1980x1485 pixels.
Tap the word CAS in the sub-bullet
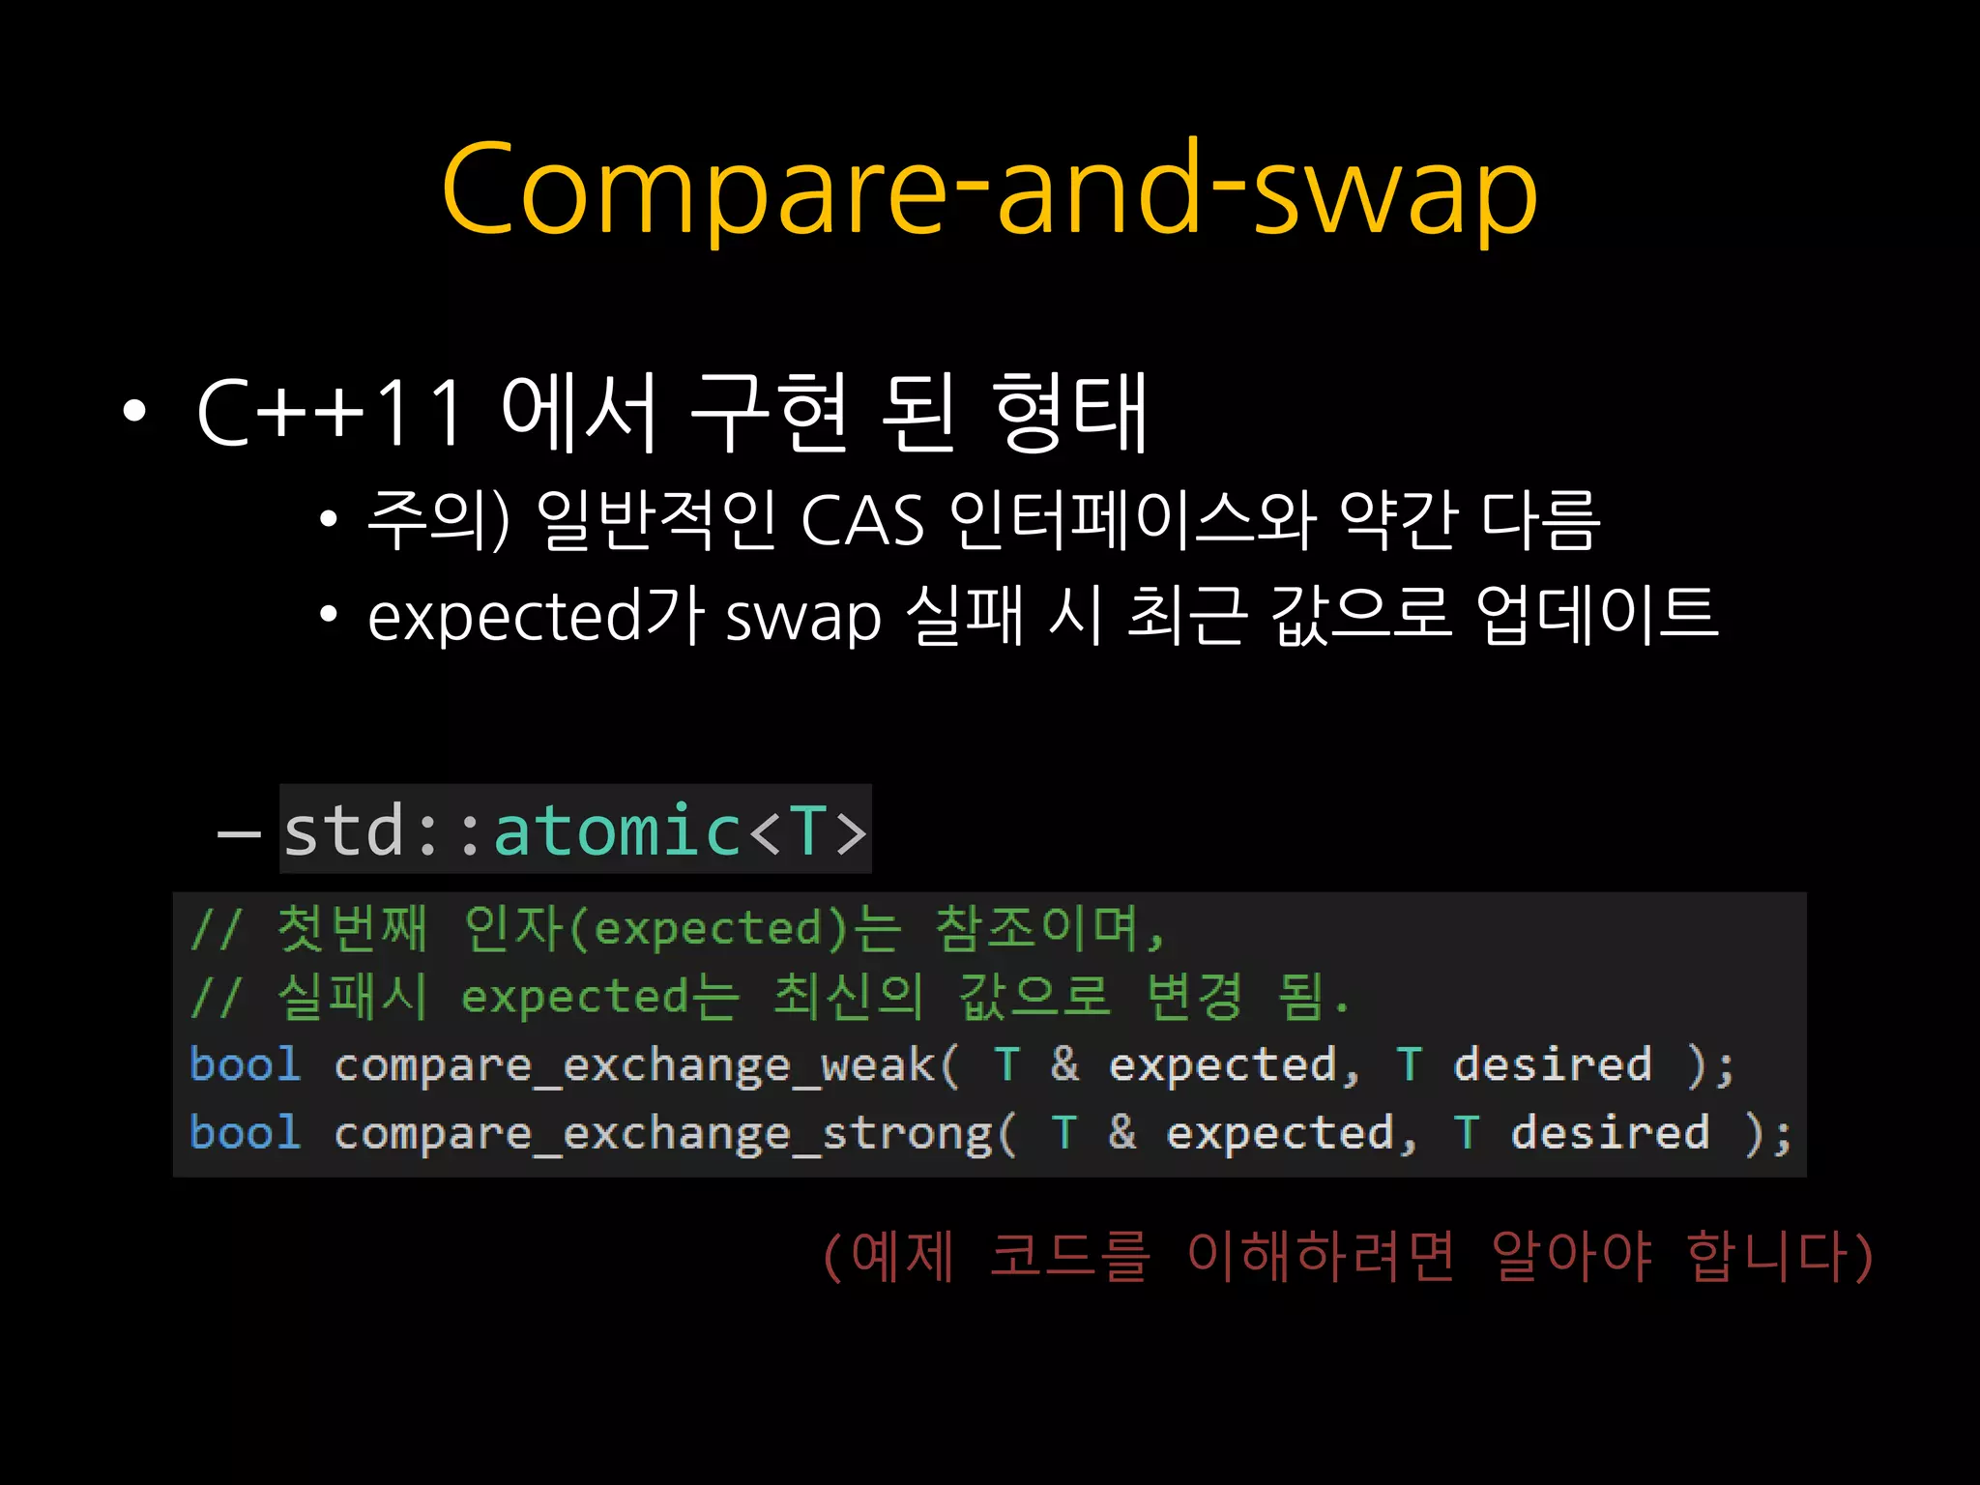pyautogui.click(x=862, y=521)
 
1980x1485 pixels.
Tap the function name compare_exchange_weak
pyautogui.click(x=634, y=1065)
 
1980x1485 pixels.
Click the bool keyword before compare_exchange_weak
pyautogui.click(x=246, y=1064)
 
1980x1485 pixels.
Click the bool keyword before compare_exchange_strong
pyautogui.click(x=246, y=1133)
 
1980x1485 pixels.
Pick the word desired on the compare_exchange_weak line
pyautogui.click(x=1552, y=1064)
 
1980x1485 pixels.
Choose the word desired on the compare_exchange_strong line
pyautogui.click(x=1610, y=1133)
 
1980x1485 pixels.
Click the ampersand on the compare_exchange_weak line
pyautogui.click(x=1064, y=1064)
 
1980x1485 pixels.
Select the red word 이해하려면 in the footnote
pyautogui.click(x=1320, y=1256)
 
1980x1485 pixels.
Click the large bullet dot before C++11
pyautogui.click(x=134, y=412)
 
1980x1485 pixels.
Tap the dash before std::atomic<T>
pyautogui.click(x=239, y=832)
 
